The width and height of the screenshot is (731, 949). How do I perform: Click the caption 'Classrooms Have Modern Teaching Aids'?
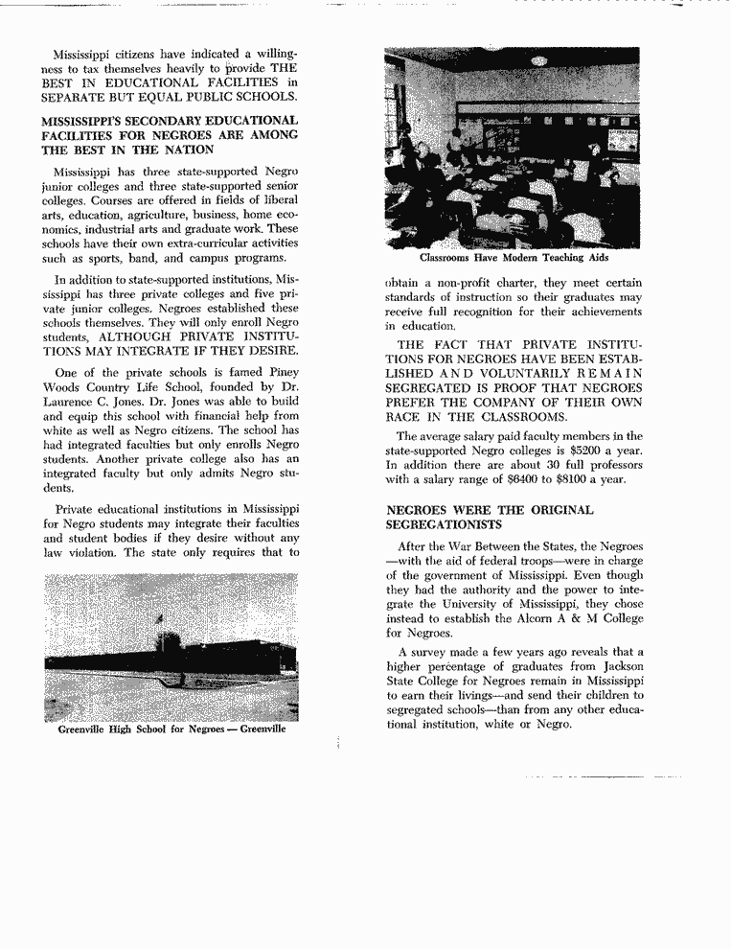(x=514, y=258)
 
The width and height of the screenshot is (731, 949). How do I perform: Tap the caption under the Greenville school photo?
(x=171, y=729)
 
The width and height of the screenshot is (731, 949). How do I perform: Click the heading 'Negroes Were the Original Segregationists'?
(x=489, y=518)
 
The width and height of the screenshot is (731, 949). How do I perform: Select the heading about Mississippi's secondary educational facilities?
(x=170, y=135)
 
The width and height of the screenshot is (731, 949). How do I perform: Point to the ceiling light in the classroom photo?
(x=538, y=60)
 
